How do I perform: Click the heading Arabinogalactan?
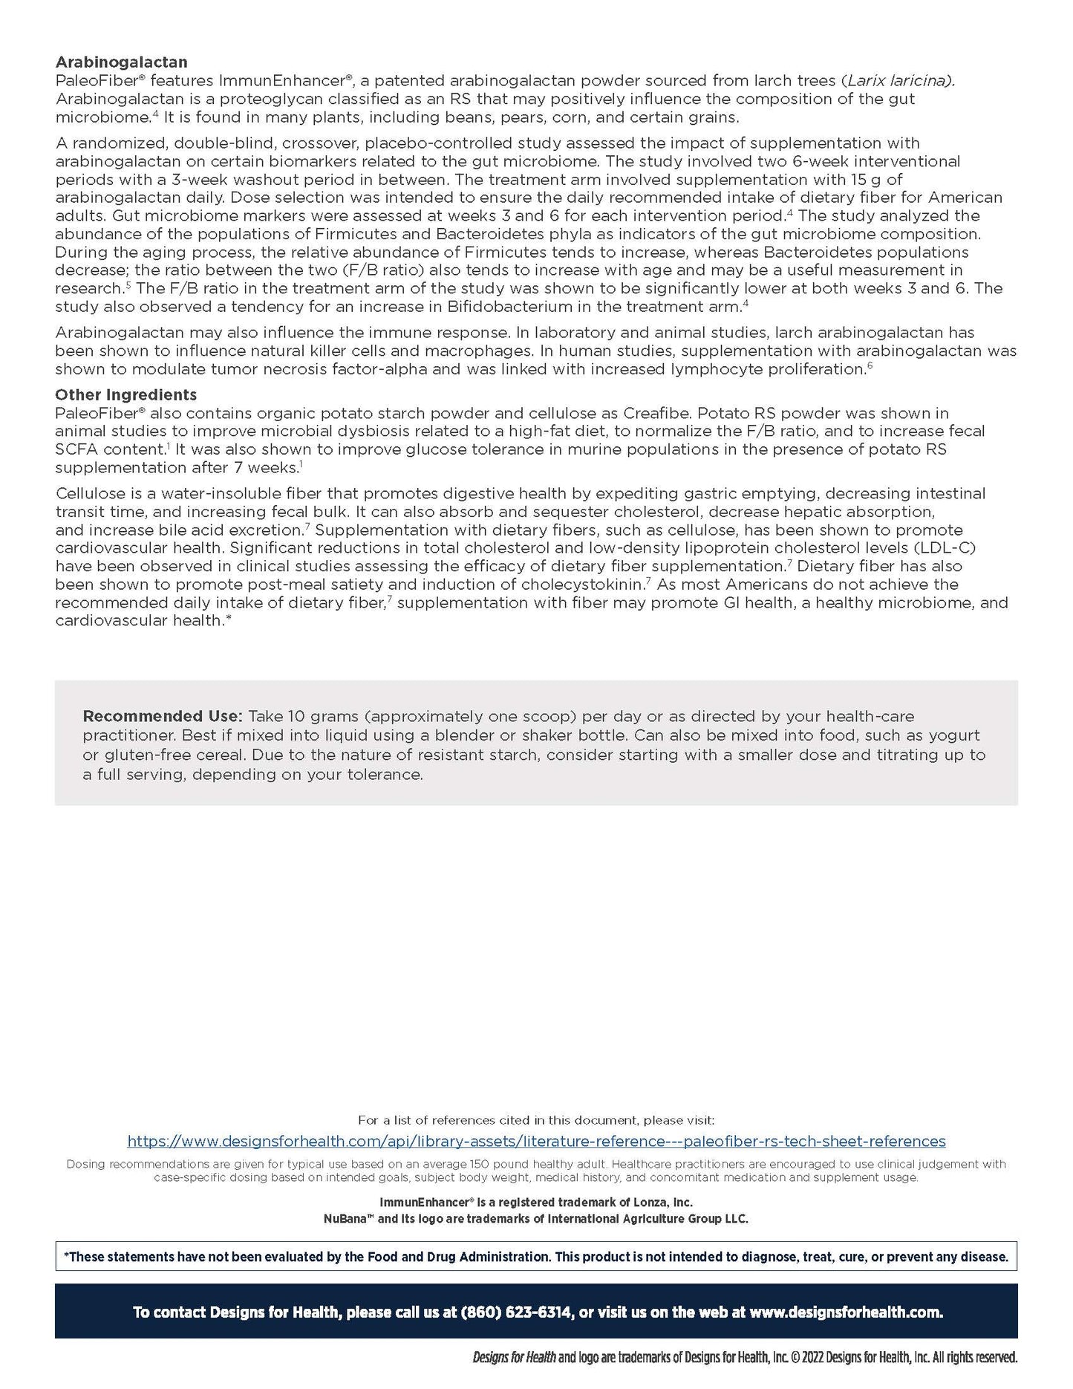click(x=121, y=62)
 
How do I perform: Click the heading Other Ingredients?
click(x=125, y=394)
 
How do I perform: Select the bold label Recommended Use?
click(x=163, y=716)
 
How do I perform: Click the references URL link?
click(x=536, y=1141)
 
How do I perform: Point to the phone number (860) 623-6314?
click(x=516, y=1312)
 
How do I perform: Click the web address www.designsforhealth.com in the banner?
click(x=845, y=1312)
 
